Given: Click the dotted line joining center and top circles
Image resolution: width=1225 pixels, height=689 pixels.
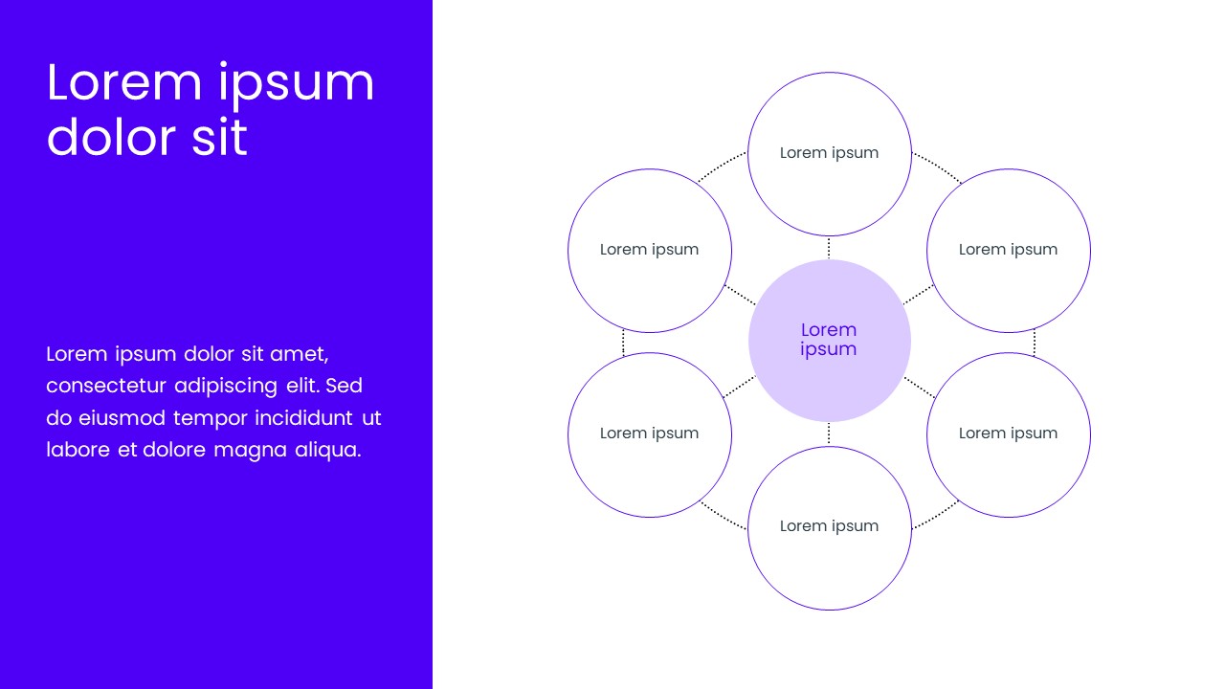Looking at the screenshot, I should pyautogui.click(x=829, y=248).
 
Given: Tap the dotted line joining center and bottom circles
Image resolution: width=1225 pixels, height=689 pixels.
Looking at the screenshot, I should pyautogui.click(x=829, y=433).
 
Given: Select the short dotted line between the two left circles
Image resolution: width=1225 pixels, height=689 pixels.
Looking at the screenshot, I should pyautogui.click(x=623, y=342).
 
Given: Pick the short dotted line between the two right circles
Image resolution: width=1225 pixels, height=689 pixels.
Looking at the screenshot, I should pyautogui.click(x=1035, y=342).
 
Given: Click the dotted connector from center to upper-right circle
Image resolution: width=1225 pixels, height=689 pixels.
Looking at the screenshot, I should pyautogui.click(x=917, y=295).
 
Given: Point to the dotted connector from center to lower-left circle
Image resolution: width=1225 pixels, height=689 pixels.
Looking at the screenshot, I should pyautogui.click(x=739, y=387).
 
